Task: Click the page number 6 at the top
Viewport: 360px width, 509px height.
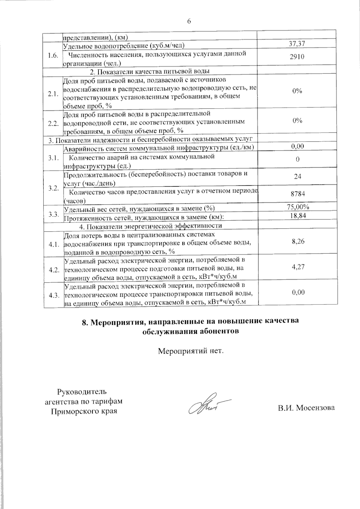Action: [189, 21]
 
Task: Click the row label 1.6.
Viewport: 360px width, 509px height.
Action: [53, 56]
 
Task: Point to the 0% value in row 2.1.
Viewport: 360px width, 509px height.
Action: [297, 91]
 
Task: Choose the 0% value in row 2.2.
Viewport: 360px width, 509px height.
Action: [297, 121]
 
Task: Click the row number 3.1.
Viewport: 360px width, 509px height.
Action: [53, 158]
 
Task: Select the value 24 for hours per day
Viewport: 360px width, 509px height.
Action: [297, 176]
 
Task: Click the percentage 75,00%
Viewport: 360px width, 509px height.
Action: [297, 207]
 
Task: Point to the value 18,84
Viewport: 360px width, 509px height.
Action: [297, 215]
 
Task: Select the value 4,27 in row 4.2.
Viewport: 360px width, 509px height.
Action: [298, 267]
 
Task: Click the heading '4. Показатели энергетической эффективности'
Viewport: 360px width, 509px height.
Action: [151, 226]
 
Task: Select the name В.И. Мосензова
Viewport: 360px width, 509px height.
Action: [306, 408]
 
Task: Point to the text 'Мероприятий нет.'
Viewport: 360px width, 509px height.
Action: [191, 351]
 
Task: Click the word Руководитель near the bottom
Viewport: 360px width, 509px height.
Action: [82, 391]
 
